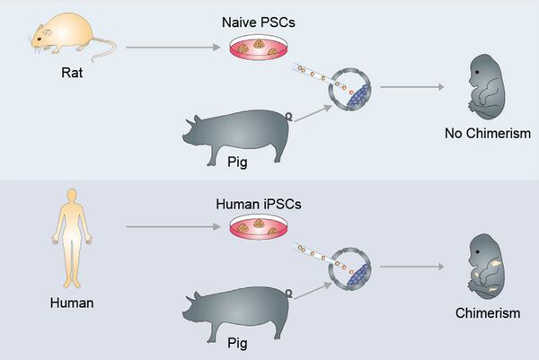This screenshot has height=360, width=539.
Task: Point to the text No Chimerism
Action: [488, 134]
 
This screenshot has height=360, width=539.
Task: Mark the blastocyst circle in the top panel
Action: [350, 91]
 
